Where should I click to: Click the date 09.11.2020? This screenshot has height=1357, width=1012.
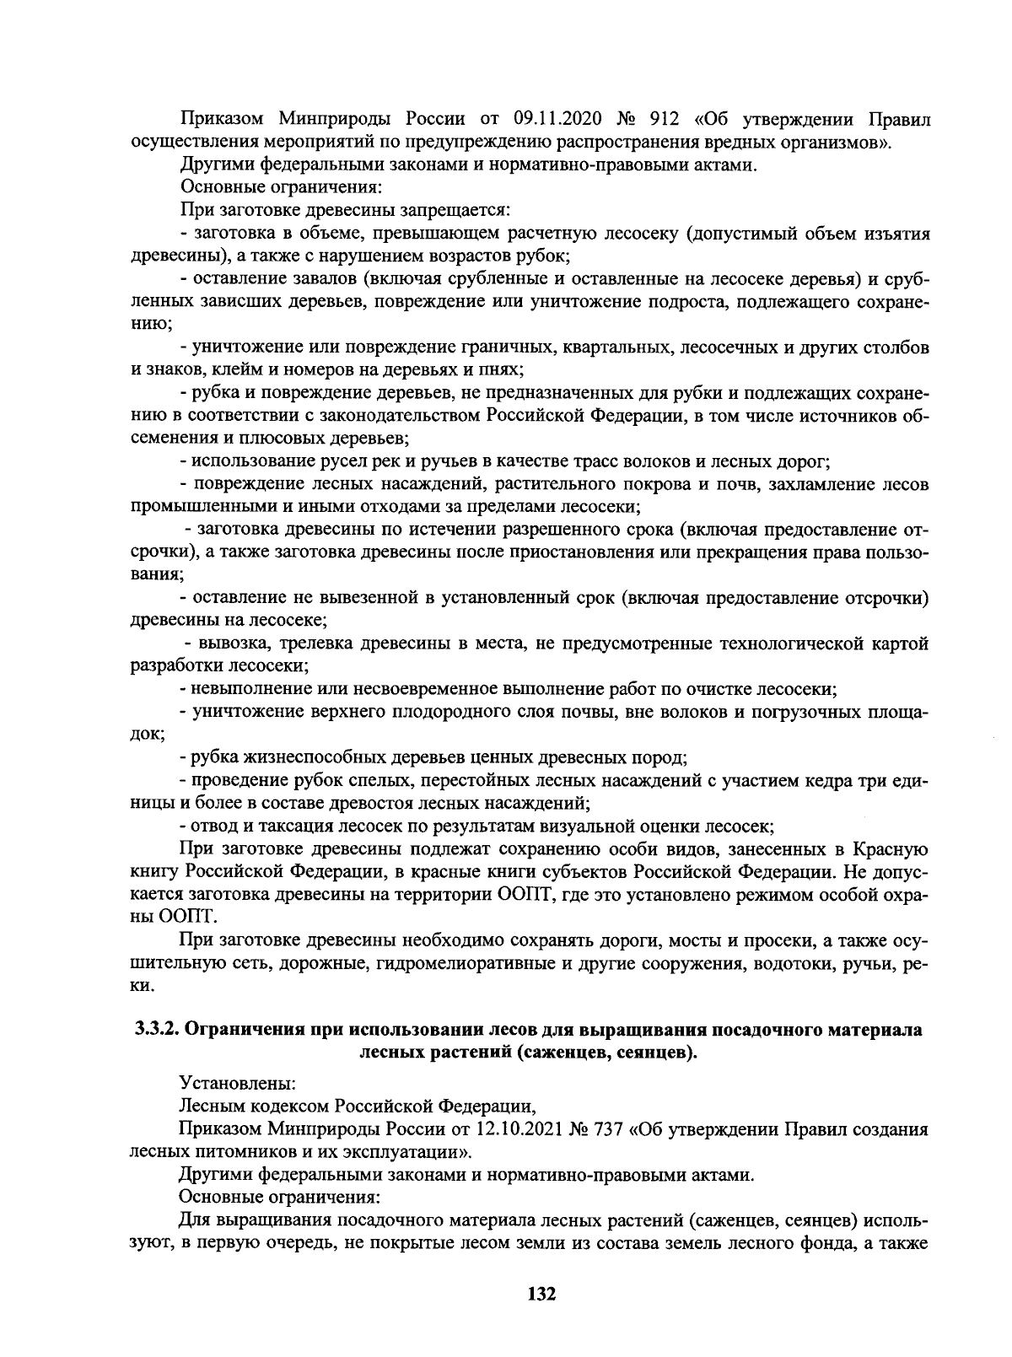tap(556, 119)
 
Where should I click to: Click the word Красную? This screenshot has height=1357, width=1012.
tap(891, 849)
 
